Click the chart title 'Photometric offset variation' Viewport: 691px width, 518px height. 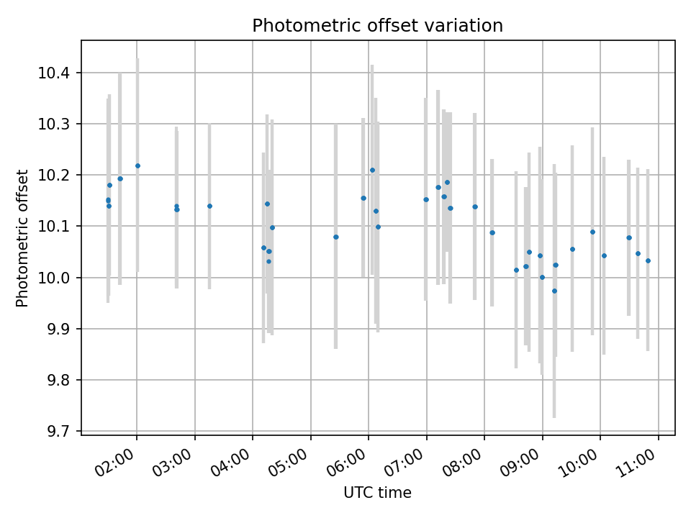377,26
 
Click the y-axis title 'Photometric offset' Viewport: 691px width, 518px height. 22,238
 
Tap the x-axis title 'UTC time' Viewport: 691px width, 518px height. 377,493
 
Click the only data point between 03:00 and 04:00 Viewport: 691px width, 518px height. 209,206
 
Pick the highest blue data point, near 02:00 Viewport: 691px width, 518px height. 137,165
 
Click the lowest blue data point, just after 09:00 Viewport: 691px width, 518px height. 554,291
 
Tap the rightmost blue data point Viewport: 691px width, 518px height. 648,260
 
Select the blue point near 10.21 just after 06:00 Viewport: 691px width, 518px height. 372,170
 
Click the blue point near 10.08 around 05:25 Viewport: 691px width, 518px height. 335,237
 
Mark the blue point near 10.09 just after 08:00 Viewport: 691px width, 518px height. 492,232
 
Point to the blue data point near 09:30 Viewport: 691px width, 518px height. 572,249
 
